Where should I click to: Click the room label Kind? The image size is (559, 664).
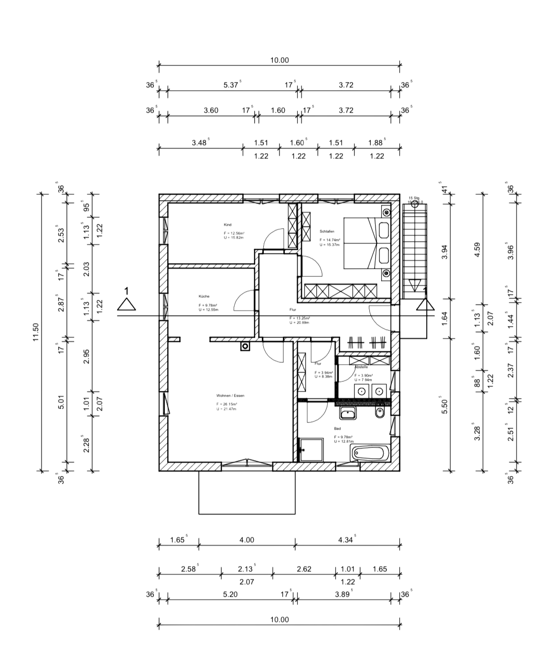pyautogui.click(x=227, y=225)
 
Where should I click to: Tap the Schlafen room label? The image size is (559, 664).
pyautogui.click(x=327, y=232)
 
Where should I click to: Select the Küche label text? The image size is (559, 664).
pyautogui.click(x=204, y=296)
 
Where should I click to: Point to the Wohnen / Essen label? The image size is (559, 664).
pyautogui.click(x=230, y=396)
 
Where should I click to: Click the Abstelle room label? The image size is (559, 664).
pyautogui.click(x=361, y=367)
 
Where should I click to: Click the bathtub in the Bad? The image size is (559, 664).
pyautogui.click(x=370, y=453)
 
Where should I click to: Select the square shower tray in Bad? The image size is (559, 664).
pyautogui.click(x=311, y=450)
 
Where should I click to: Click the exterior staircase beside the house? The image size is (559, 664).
pyautogui.click(x=414, y=251)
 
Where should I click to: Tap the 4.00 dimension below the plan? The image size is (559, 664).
pyautogui.click(x=247, y=540)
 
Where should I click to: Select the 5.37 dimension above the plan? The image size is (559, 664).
pyautogui.click(x=231, y=85)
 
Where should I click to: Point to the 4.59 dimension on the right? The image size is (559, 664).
pyautogui.click(x=477, y=249)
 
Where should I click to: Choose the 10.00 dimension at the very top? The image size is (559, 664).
pyautogui.click(x=279, y=60)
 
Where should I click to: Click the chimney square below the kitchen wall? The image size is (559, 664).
pyautogui.click(x=246, y=347)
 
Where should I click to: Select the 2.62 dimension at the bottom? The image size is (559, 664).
pyautogui.click(x=304, y=569)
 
